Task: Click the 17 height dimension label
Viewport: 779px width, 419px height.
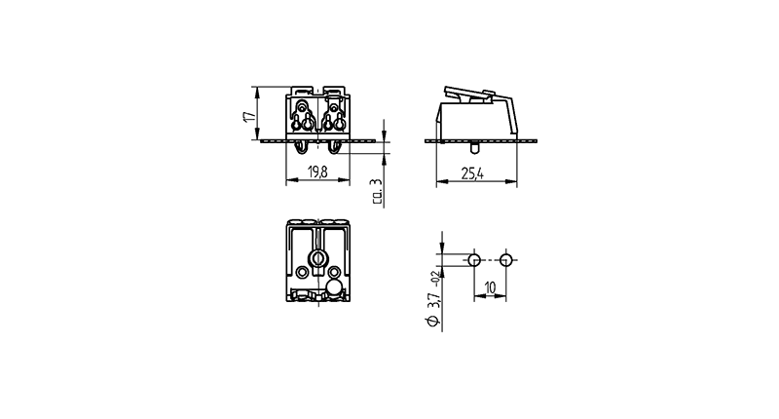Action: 249,116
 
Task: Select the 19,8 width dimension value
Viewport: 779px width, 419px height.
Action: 317,172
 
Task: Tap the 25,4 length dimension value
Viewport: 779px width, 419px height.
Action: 472,174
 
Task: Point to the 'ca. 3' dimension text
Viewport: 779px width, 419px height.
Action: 377,191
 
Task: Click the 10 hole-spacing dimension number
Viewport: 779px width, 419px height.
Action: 490,287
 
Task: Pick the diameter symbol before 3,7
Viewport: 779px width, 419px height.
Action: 432,321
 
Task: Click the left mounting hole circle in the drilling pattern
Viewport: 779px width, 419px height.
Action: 474,259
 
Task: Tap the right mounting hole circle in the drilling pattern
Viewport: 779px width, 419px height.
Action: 506,259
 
